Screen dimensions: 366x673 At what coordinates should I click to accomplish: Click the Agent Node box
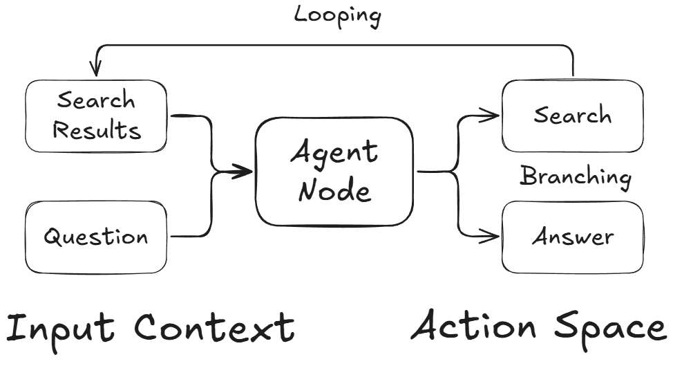click(334, 171)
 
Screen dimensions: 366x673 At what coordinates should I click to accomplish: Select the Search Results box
click(96, 116)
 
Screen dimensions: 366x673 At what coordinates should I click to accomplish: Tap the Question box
click(96, 237)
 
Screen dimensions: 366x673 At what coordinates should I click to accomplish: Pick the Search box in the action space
click(572, 115)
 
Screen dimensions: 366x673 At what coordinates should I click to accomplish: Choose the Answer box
click(572, 237)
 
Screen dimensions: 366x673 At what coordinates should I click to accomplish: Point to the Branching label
click(575, 177)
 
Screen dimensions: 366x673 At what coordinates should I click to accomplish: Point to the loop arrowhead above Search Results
click(95, 69)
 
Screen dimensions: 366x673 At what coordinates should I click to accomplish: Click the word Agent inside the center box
click(334, 152)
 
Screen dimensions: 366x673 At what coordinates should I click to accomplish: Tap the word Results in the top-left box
click(97, 130)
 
